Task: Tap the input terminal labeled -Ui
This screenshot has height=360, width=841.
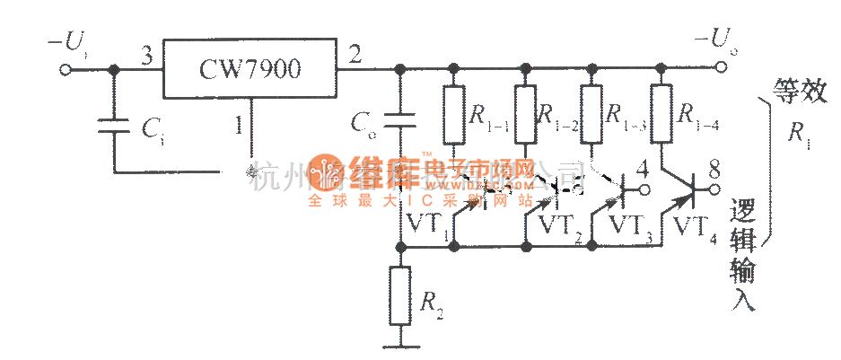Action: [x=66, y=67]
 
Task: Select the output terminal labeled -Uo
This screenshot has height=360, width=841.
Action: [x=717, y=66]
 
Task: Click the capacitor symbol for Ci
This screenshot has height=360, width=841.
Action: [x=114, y=125]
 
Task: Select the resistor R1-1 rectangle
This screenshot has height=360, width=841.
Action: [x=453, y=115]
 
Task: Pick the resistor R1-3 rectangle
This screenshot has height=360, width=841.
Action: [x=591, y=115]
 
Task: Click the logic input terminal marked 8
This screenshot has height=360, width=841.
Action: [x=717, y=189]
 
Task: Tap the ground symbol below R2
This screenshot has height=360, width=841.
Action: [x=401, y=344]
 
